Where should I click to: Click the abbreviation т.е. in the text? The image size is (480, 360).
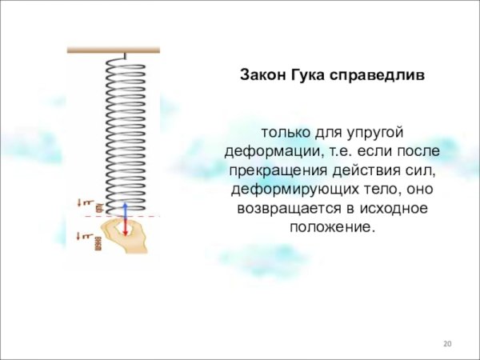(334, 151)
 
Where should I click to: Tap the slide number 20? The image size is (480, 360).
(447, 344)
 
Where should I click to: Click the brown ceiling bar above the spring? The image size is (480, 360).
(113, 50)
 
